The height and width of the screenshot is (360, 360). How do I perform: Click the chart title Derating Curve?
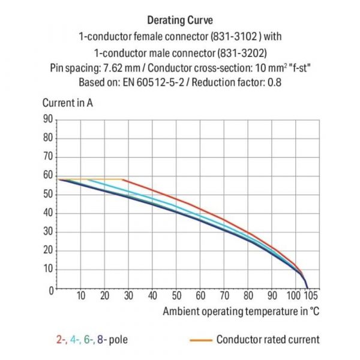pyautogui.click(x=180, y=21)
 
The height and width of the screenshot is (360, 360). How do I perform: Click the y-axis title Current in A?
pyautogui.click(x=67, y=103)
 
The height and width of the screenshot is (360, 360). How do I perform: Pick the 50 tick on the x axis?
pyautogui.click(x=176, y=296)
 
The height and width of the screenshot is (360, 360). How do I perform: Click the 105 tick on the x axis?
pyautogui.click(x=311, y=296)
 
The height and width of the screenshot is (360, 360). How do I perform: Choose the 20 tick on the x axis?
pyautogui.click(x=104, y=296)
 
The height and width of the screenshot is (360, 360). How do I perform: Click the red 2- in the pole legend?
pyautogui.click(x=61, y=340)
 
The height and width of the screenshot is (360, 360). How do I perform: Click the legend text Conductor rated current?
pyautogui.click(x=268, y=340)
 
